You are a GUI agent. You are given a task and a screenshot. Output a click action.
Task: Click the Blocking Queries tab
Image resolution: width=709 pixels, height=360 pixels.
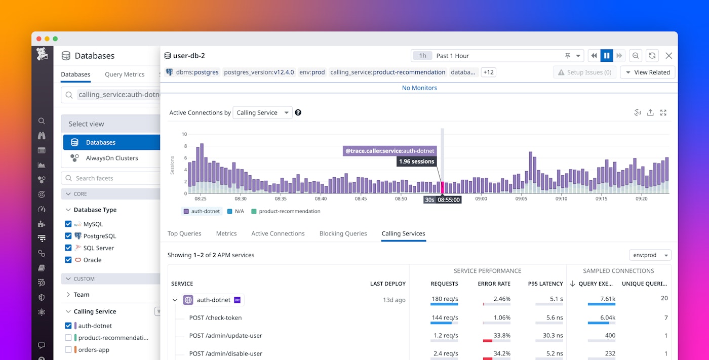[343, 233]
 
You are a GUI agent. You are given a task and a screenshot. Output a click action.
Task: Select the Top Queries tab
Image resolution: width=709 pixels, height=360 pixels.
[184, 233]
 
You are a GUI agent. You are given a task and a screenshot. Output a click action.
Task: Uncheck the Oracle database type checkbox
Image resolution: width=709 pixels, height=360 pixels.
[68, 260]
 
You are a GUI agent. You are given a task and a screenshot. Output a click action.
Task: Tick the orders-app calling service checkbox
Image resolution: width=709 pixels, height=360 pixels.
[68, 350]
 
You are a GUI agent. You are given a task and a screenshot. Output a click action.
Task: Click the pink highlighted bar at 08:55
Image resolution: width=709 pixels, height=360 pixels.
[442, 187]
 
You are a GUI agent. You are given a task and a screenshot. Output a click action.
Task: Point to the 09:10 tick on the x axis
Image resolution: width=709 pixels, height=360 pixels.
[561, 199]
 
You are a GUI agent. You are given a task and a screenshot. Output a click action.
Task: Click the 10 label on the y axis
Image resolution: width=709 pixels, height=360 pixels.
[184, 134]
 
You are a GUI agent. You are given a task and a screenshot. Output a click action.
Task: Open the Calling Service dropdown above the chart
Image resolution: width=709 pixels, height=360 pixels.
[262, 113]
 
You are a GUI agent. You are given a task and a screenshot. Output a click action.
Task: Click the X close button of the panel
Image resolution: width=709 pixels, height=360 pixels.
[668, 56]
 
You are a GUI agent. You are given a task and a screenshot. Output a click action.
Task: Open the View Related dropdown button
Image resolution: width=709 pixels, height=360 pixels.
[647, 72]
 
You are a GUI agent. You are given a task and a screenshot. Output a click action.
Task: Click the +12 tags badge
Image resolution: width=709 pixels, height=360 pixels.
[488, 72]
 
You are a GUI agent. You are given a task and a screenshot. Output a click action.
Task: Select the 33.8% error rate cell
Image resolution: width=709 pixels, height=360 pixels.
[501, 336]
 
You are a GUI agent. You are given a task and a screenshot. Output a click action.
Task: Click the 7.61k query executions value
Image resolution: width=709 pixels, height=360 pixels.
[607, 299]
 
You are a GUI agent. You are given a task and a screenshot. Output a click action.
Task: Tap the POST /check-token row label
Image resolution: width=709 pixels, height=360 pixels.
[215, 318]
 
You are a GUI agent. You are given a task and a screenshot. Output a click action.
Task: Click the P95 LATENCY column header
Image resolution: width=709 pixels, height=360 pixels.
[544, 284]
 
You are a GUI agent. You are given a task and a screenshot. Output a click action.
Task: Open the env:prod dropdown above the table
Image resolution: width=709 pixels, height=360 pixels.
[650, 255]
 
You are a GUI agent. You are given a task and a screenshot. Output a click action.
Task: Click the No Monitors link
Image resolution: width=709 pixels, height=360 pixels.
[419, 88]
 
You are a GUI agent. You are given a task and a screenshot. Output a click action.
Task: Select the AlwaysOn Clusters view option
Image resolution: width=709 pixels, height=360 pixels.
[111, 158]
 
